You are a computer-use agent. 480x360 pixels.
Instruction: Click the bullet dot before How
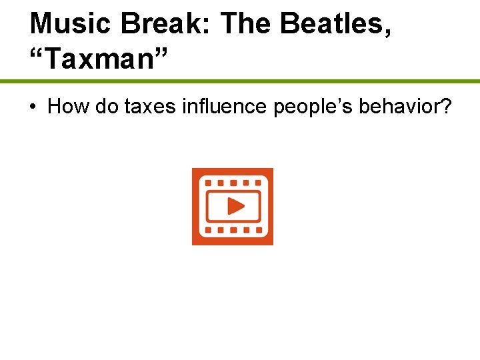pyautogui.click(x=33, y=107)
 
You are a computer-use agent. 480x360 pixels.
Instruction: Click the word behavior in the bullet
pyautogui.click(x=399, y=106)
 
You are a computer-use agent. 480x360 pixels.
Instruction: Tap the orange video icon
pyautogui.click(x=233, y=207)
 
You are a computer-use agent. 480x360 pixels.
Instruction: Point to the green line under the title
pyautogui.click(x=240, y=81)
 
